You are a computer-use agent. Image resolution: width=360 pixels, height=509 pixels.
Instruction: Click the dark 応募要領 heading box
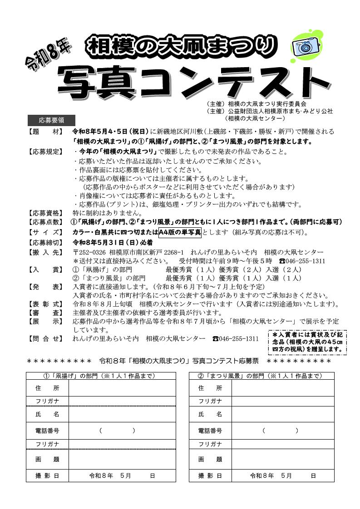51,120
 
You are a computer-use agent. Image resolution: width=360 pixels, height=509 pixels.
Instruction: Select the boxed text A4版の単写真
179,232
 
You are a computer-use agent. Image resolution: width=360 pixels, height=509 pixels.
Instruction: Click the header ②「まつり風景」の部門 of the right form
261,376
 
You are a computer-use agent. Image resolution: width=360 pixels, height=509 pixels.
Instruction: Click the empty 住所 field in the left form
122,388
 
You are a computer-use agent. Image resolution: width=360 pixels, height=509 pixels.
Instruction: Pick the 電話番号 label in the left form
47,431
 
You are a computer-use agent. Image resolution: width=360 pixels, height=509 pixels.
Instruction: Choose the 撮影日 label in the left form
47,475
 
